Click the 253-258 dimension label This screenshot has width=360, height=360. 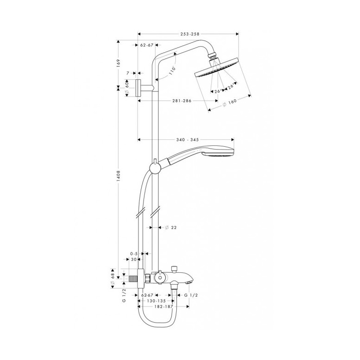point(190,34)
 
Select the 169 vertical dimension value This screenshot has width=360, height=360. point(119,63)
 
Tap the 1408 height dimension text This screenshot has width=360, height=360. point(119,176)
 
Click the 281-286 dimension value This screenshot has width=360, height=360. point(182,101)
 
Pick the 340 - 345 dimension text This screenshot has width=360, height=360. point(187,139)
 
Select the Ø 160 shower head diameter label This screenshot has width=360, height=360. point(229,102)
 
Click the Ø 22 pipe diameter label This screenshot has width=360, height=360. point(171,228)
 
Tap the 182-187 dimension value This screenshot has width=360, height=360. point(163,306)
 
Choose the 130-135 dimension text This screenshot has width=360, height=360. point(156,301)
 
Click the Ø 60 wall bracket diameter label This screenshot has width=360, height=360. point(127,88)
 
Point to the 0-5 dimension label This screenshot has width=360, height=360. point(134,254)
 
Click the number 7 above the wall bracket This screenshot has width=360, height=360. point(128,73)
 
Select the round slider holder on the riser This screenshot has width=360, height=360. point(154,168)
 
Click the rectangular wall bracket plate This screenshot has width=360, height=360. point(139,88)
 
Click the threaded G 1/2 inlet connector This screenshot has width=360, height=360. point(133,279)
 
